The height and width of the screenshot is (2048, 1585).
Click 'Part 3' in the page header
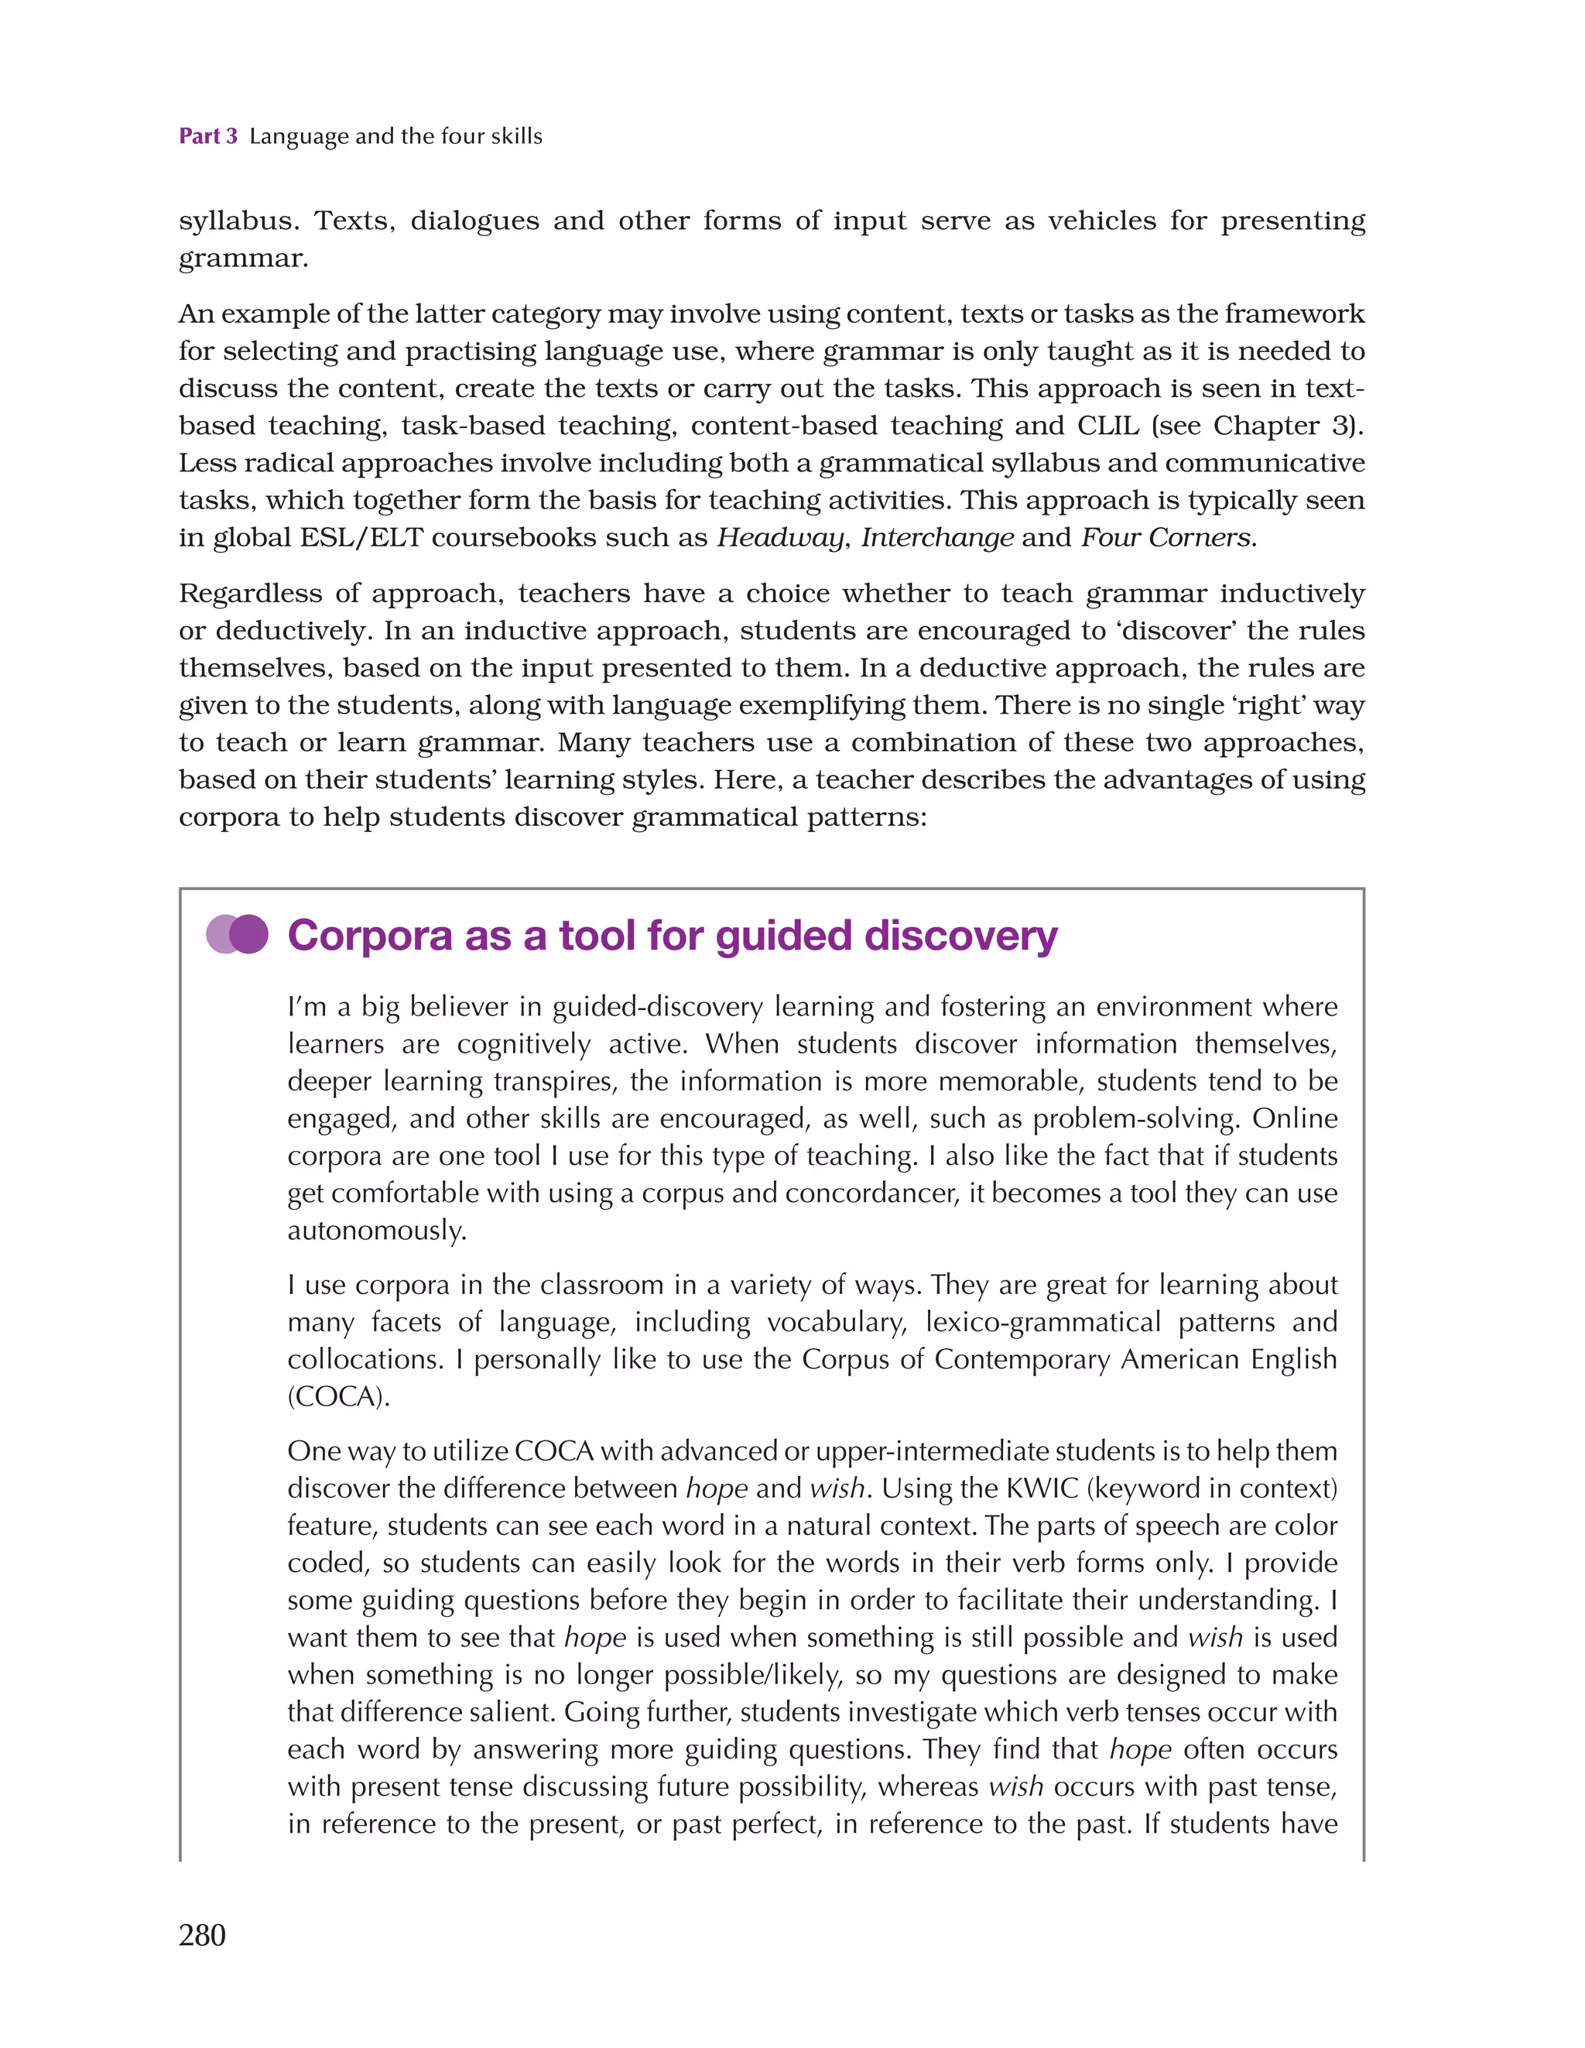[x=208, y=137]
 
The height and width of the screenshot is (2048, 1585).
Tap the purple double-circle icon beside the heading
[x=238, y=935]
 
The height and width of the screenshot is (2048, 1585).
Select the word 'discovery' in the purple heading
[x=960, y=936]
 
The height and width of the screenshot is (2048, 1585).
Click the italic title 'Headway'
[x=779, y=537]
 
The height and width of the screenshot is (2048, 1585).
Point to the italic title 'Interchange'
[x=937, y=537]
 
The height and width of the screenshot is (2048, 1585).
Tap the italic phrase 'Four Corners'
[x=1166, y=537]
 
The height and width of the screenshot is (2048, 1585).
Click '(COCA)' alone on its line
[x=337, y=1396]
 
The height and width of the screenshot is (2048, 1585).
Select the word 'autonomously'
[x=375, y=1231]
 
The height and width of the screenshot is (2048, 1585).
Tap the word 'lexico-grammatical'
[x=1043, y=1322]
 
